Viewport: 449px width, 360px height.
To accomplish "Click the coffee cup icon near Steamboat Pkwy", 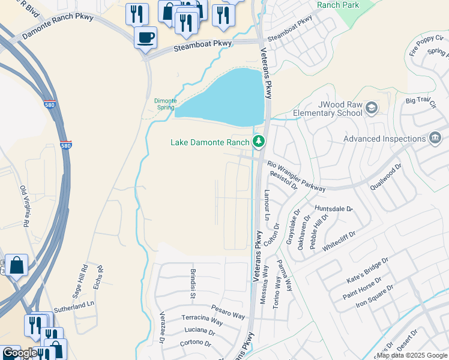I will [145, 38].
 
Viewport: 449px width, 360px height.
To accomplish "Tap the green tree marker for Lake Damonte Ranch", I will [259, 142].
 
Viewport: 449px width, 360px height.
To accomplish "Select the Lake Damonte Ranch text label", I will [209, 142].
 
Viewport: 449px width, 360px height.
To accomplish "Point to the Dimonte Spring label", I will [164, 104].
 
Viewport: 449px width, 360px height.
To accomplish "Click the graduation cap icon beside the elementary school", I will [372, 108].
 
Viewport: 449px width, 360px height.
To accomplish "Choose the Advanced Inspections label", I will [385, 139].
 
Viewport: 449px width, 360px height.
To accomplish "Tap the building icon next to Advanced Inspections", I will [435, 139].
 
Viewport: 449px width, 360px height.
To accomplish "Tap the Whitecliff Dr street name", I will [340, 240].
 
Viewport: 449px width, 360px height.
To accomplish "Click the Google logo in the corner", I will [19, 353].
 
